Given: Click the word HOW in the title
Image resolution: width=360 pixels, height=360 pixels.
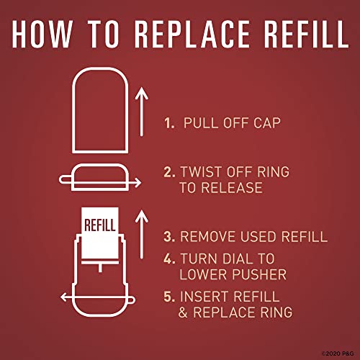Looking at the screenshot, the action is pyautogui.click(x=42, y=34).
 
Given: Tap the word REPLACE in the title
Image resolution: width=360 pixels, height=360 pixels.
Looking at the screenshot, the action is pyautogui.click(x=192, y=34).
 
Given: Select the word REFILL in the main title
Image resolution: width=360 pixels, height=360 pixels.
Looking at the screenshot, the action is pyautogui.click(x=306, y=34).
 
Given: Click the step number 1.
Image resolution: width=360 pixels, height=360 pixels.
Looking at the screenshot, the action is pyautogui.click(x=169, y=123).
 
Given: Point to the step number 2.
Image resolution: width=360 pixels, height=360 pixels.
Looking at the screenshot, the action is pyautogui.click(x=169, y=172).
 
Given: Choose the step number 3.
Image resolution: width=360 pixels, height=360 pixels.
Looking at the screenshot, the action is pyautogui.click(x=169, y=236).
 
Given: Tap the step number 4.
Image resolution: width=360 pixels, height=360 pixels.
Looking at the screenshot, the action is pyautogui.click(x=169, y=258).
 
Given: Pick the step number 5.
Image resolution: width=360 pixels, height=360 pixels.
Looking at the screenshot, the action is pyautogui.click(x=169, y=297).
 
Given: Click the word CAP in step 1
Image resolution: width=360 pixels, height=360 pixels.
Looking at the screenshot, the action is pyautogui.click(x=267, y=123).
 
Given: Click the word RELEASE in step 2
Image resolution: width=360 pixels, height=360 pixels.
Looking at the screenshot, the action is pyautogui.click(x=232, y=187).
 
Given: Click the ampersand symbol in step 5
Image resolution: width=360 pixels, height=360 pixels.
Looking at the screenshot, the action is pyautogui.click(x=183, y=312).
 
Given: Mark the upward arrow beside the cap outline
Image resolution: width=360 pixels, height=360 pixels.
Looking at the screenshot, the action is pyautogui.click(x=142, y=112).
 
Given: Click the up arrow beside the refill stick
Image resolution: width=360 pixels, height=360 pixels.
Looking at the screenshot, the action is pyautogui.click(x=142, y=234).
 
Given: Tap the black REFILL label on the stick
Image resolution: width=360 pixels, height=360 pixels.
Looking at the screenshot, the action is pyautogui.click(x=100, y=225).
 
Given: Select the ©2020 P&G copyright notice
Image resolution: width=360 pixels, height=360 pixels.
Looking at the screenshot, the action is pyautogui.click(x=338, y=354).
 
